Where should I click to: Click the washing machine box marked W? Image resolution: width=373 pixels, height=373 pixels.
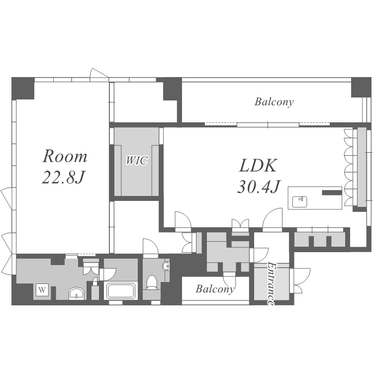coord(42,290)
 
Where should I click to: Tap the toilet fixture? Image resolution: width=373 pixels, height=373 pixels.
coord(151,282)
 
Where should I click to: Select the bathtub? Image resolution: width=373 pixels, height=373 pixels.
coord(121,290)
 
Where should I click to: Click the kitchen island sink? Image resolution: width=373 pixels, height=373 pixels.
coord(299,202)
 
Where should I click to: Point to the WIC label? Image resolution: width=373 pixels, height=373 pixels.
coord(137,160)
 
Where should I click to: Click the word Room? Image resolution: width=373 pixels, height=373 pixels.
coord(65,156)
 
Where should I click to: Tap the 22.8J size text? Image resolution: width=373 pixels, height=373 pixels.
coord(63,178)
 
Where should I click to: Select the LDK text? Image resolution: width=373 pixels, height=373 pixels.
coord(258,166)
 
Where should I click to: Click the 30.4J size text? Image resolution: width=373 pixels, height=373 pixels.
coord(259,186)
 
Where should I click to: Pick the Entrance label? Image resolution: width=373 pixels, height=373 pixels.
coord(271,283)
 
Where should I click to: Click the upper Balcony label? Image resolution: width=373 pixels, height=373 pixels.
coord(274,102)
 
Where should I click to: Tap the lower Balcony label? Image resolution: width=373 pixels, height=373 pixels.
coord(215,289)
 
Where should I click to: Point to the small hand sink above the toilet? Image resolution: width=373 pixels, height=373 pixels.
coord(166,266)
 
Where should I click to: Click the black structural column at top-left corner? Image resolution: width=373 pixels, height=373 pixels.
coord(23,88)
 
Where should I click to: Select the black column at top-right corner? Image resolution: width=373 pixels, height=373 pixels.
coord(362,87)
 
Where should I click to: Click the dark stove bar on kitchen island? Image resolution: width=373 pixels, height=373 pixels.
coord(332,192)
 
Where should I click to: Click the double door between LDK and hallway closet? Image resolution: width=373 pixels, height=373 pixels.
coord(240,225)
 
